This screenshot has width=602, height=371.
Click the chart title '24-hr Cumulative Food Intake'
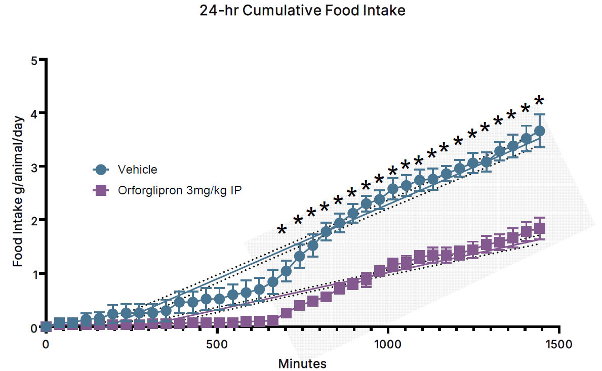(303, 11)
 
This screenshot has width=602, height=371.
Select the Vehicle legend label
(137, 169)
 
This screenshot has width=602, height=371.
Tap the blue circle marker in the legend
(101, 170)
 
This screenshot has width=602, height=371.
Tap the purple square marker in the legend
(101, 191)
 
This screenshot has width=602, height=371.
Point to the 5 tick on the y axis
(35, 60)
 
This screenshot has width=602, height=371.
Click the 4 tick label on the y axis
(35, 113)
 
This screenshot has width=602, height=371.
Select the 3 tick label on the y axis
(35, 167)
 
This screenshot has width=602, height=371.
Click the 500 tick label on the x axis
(217, 345)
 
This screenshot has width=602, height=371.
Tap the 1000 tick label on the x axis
(388, 345)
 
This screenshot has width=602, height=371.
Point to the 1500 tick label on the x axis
(559, 345)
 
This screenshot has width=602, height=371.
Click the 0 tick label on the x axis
(46, 345)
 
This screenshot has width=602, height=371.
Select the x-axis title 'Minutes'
(302, 363)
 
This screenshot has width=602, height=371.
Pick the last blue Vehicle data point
(540, 131)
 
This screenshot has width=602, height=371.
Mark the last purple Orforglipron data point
(540, 228)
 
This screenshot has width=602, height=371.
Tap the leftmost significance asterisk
(282, 231)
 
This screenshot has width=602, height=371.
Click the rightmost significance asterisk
(539, 100)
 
